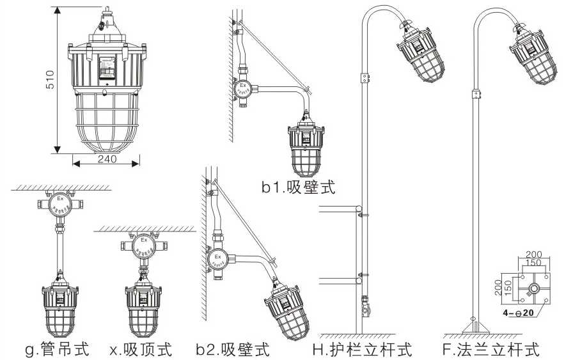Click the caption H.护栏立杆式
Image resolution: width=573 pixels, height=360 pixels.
(x=362, y=350)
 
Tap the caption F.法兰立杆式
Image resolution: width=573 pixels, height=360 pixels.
(x=491, y=350)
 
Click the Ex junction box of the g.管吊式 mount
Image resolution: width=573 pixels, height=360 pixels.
(x=60, y=203)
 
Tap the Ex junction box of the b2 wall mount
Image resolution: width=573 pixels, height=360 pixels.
(x=217, y=259)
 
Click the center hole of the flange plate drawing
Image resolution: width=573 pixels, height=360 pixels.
(x=531, y=289)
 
